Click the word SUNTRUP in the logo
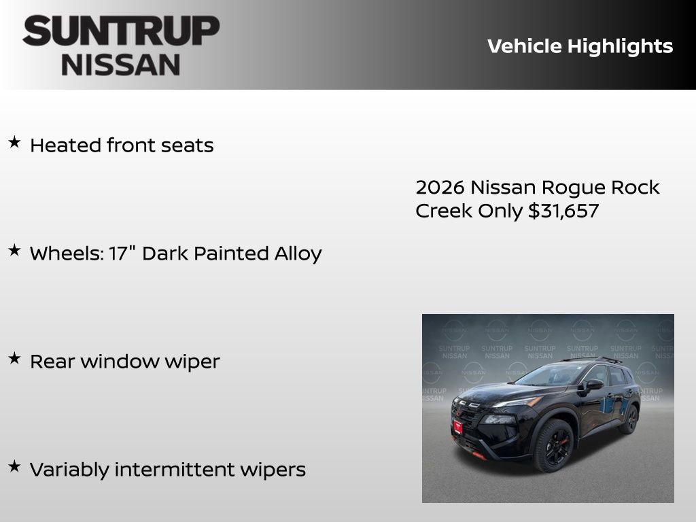(x=121, y=31)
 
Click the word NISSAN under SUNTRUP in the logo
(x=121, y=64)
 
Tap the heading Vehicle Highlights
(x=580, y=46)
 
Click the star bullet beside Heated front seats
(x=14, y=142)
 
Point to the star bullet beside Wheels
(x=14, y=250)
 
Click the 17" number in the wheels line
(x=122, y=253)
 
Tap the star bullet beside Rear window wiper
(x=14, y=358)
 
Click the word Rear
(x=52, y=361)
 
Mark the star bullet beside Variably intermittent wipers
(x=14, y=466)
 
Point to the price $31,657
(x=563, y=211)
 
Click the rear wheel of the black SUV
(x=630, y=419)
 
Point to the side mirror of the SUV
(x=594, y=385)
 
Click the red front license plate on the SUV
(x=458, y=427)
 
